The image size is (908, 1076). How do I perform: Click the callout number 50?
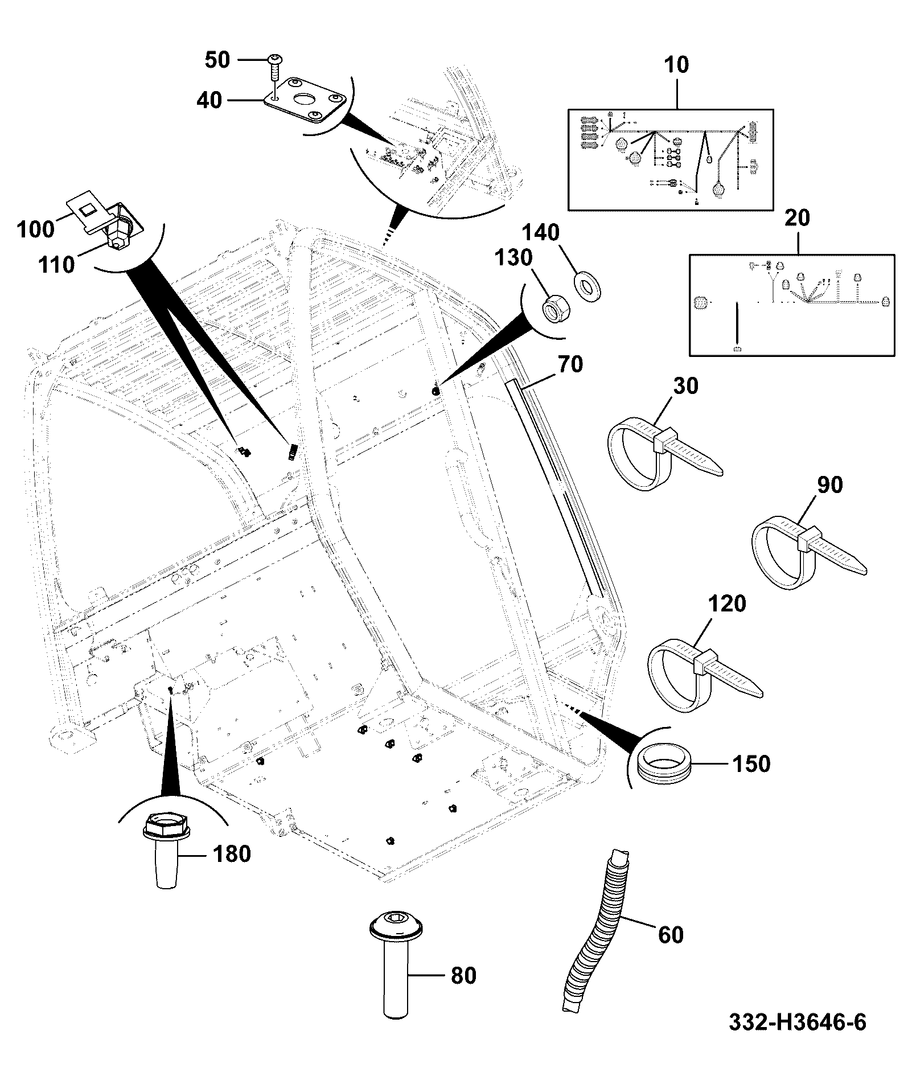click(217, 60)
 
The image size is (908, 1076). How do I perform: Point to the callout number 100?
click(35, 229)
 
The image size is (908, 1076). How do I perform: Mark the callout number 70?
click(570, 364)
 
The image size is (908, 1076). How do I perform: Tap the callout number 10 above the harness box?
click(676, 65)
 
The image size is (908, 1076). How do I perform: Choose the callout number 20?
click(797, 218)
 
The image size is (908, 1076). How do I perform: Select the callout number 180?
click(232, 854)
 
